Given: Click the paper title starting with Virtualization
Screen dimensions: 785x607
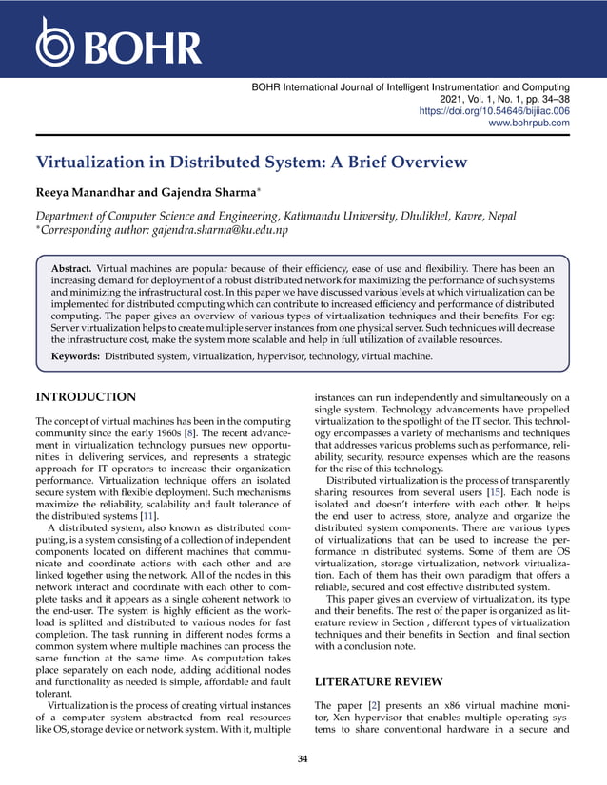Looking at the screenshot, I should click(x=251, y=163).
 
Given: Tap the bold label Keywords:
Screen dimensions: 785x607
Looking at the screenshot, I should click(x=75, y=356).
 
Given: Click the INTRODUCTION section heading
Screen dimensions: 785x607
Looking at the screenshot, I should click(x=85, y=396).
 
